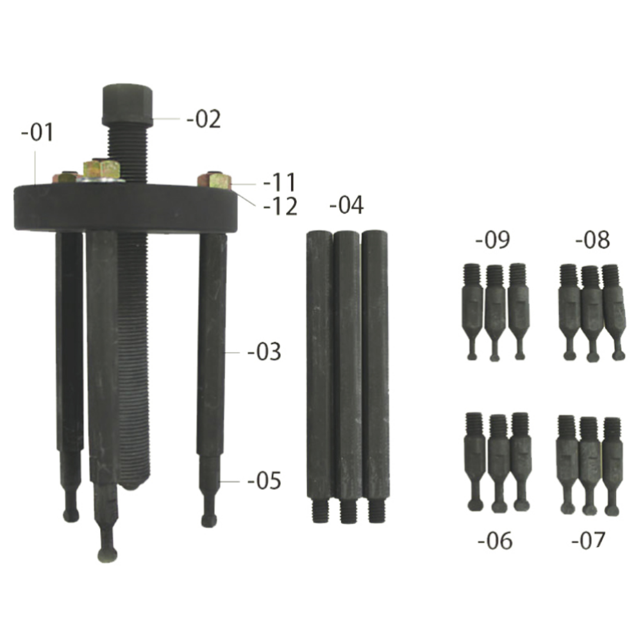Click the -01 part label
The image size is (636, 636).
[37, 132]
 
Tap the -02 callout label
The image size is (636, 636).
[204, 119]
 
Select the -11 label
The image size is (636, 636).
[280, 183]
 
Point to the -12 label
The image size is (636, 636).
[280, 206]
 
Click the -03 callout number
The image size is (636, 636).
[264, 352]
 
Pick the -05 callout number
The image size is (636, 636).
[264, 481]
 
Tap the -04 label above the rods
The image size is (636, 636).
[346, 205]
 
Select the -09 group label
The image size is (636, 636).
[492, 240]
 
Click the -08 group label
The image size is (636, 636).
[592, 240]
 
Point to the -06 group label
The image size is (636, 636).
[495, 541]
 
